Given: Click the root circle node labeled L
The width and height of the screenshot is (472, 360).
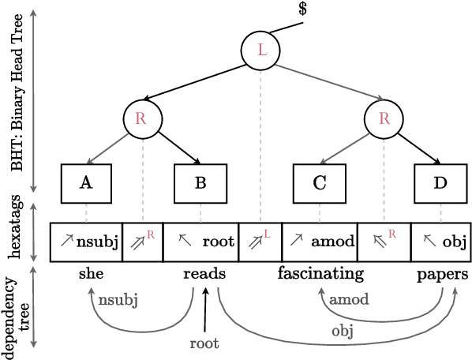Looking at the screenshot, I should pos(261,51).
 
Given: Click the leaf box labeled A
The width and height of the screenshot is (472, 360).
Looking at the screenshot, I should pos(86,183).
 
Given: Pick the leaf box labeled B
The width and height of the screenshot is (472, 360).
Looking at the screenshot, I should pos(200,183).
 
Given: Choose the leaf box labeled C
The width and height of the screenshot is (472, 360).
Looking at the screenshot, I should pos(319,183).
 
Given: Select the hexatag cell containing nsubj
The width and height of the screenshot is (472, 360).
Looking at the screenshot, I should pos(87,242).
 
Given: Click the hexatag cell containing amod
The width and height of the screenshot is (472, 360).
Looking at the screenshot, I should pos(319,242).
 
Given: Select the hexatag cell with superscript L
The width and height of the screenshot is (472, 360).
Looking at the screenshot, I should pos(260,242).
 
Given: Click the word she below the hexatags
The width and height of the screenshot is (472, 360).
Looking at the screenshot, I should pos(91,274).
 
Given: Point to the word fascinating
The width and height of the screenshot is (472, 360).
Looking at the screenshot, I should pos(320,274).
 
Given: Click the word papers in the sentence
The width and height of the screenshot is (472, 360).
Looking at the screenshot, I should pos(442,274).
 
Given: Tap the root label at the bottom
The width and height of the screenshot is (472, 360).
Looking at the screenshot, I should pos(204,343).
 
